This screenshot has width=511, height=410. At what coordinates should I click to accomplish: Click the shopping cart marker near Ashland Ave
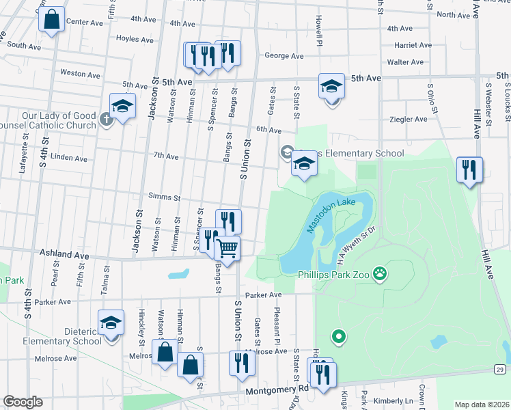(x=227, y=249)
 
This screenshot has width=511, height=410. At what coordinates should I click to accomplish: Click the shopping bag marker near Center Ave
(x=52, y=20)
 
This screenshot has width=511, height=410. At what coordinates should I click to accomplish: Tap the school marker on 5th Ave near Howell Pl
(x=331, y=87)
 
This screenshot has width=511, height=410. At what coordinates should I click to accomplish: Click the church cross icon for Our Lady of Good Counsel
(x=106, y=120)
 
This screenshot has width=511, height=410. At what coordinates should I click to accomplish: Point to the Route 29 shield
(x=500, y=370)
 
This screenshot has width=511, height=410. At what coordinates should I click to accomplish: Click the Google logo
(x=23, y=402)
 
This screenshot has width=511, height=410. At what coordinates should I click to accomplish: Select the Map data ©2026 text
(x=481, y=405)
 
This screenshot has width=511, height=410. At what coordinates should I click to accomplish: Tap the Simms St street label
(x=164, y=197)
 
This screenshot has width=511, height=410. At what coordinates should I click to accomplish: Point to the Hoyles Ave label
(x=133, y=38)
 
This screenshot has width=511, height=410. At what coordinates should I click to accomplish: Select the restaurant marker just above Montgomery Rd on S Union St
(x=240, y=362)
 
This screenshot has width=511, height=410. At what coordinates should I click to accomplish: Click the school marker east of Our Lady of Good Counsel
(x=122, y=106)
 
